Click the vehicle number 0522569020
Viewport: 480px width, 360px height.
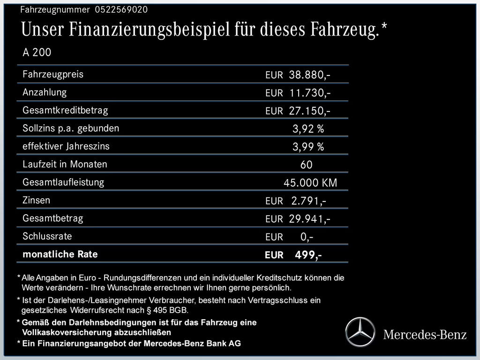point(121,10)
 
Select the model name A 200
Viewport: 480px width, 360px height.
point(37,52)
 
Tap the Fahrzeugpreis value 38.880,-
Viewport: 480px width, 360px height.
point(310,75)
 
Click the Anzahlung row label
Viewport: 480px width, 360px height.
point(45,92)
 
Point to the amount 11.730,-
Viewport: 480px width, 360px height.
point(310,93)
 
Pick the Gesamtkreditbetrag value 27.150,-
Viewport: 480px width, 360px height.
point(310,111)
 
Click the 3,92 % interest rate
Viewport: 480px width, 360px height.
point(308,129)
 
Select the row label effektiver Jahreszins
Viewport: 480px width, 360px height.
point(66,146)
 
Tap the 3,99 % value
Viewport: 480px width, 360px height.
point(308,147)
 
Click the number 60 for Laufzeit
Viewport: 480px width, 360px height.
point(307,165)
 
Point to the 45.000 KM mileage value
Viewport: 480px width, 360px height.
point(310,183)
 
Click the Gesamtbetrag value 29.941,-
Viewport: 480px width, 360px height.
point(310,219)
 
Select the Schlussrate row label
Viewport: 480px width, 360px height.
point(47,236)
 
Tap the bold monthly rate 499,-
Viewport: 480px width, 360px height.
point(308,255)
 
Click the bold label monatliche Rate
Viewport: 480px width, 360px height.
point(60,255)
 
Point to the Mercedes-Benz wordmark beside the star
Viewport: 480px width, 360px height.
point(425,335)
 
